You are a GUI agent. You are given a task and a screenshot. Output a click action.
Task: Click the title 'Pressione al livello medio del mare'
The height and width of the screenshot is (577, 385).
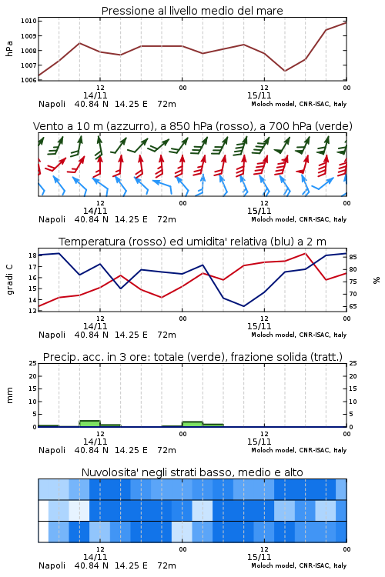192,11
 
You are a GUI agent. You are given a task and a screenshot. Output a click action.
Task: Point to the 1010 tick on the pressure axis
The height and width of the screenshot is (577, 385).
28,21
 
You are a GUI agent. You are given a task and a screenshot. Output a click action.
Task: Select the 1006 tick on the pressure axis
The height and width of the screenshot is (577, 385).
28,80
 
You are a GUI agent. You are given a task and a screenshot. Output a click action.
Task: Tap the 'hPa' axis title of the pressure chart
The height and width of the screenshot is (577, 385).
9,48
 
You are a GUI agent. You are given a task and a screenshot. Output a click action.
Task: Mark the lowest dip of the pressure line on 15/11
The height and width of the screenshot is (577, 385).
285,71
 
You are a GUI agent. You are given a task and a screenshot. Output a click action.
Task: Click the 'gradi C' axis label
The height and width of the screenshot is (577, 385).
9,280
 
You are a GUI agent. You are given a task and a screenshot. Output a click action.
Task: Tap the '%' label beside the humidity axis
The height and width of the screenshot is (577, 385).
377,280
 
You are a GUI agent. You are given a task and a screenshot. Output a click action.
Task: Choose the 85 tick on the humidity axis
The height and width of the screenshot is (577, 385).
353,257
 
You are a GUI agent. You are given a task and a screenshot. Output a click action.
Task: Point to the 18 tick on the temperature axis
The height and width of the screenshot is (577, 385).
32,255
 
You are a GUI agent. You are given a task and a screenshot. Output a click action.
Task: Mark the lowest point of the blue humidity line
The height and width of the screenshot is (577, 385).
243,306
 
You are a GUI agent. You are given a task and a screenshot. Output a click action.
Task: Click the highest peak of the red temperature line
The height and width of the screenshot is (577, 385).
305,253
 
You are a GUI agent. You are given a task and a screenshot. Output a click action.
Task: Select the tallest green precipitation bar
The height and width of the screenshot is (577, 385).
89,424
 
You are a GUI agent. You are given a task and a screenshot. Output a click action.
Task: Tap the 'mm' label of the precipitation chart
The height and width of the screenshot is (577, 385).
9,395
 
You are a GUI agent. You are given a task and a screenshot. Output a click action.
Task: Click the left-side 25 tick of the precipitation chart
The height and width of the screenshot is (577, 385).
32,363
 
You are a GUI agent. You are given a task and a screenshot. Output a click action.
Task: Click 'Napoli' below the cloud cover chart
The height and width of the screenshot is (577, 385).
52,565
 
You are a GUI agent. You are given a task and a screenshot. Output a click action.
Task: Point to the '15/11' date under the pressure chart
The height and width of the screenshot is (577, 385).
259,95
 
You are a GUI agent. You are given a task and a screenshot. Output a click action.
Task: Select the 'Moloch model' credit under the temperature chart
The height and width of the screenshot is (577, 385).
273,335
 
